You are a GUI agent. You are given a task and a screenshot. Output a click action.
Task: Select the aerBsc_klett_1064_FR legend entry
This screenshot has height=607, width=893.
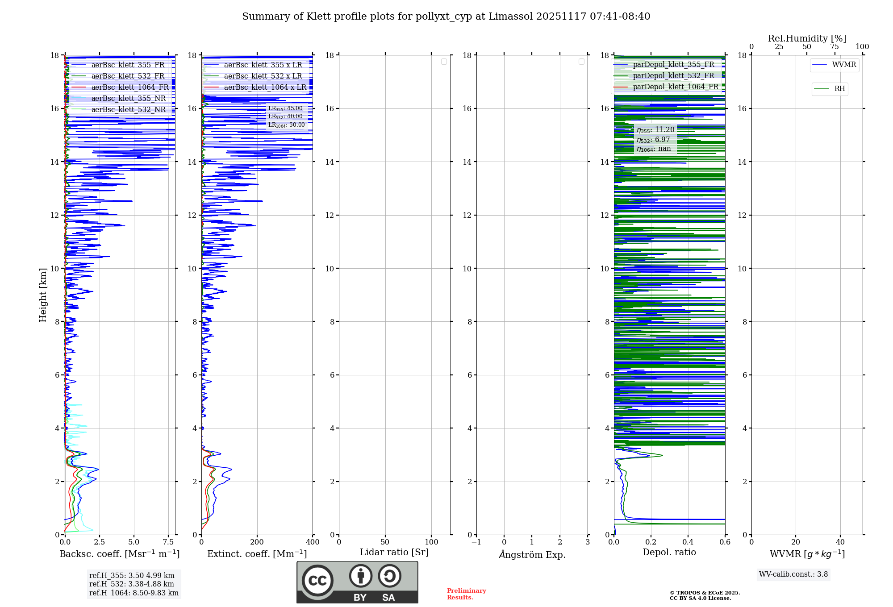click(x=130, y=87)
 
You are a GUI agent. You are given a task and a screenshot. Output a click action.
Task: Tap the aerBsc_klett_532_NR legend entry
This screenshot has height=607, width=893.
click(x=128, y=110)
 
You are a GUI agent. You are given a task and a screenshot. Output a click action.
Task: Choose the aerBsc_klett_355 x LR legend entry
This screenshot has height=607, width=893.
click(x=263, y=65)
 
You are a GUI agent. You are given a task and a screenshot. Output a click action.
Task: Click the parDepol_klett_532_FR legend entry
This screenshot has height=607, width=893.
click(x=673, y=76)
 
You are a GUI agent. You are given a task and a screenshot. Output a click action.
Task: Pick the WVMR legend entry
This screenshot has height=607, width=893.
click(x=843, y=65)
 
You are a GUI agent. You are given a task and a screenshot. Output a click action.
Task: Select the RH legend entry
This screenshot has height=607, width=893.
click(x=839, y=89)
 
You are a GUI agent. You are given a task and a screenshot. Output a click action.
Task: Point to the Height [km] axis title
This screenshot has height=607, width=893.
click(x=43, y=295)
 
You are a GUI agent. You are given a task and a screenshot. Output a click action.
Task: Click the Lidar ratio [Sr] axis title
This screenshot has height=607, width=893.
click(x=394, y=553)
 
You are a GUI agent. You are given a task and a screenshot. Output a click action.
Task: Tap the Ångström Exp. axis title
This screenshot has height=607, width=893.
click(x=532, y=555)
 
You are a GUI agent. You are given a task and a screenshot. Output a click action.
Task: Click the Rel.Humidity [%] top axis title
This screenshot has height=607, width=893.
click(x=807, y=38)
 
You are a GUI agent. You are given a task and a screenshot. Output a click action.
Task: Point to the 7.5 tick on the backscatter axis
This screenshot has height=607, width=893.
click(x=168, y=542)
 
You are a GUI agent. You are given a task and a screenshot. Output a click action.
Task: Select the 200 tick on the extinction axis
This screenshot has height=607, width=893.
click(x=257, y=542)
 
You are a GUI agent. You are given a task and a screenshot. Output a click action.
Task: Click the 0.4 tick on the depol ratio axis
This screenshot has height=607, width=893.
click(x=688, y=542)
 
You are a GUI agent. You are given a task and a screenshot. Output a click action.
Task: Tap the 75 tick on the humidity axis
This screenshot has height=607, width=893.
click(x=834, y=47)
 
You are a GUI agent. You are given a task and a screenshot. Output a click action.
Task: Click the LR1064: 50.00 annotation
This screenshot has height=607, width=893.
click(x=287, y=125)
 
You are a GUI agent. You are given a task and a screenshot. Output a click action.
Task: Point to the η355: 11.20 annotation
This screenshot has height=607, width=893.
click(x=655, y=130)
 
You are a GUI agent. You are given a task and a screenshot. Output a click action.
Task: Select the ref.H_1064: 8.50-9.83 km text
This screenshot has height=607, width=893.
click(x=134, y=593)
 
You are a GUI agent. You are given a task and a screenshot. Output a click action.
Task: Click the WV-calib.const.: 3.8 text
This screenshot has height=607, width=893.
click(x=793, y=574)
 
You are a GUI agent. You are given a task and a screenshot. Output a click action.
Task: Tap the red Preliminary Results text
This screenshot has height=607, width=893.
click(x=466, y=594)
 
